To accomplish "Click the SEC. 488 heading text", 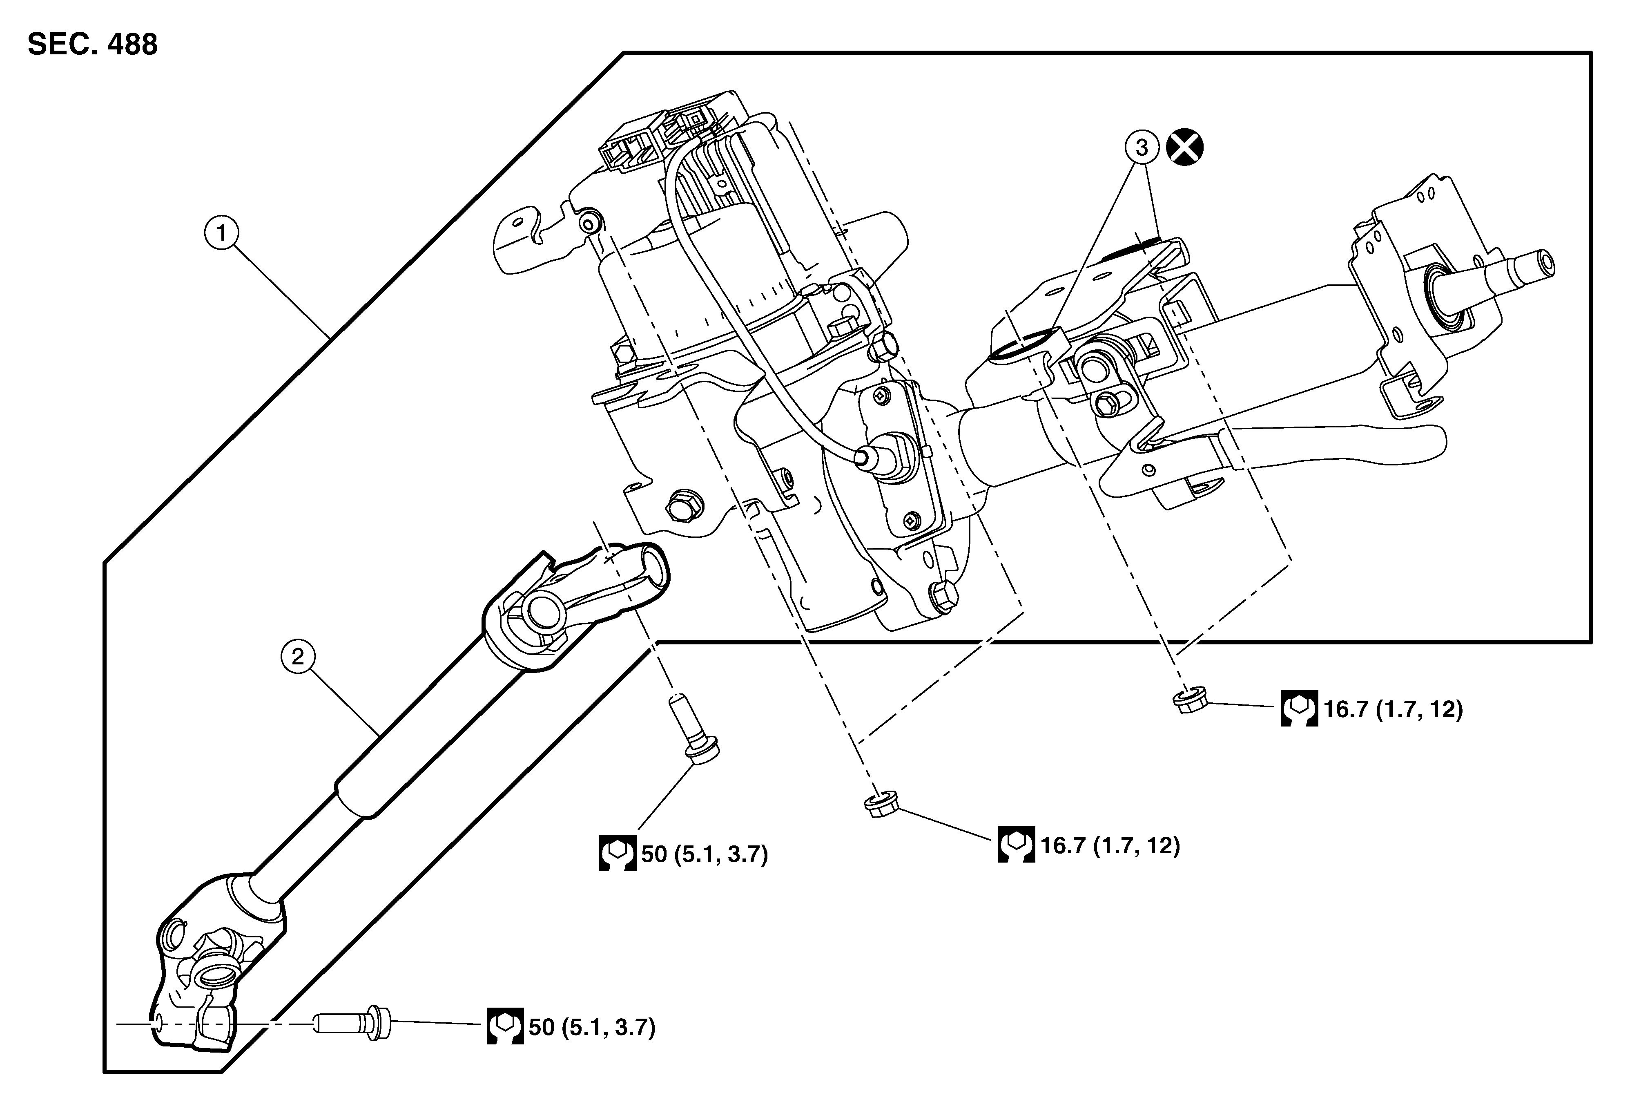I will [x=92, y=44].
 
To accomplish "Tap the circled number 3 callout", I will [x=1142, y=148].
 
